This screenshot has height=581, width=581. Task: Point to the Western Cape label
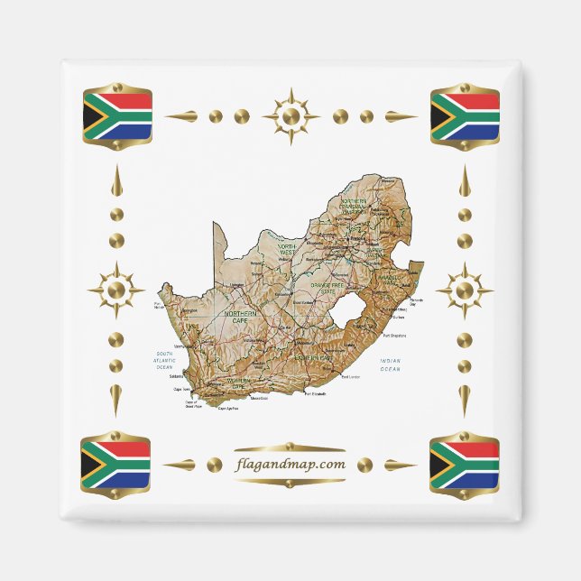[238, 383]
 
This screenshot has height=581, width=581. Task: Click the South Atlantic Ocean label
[164, 360]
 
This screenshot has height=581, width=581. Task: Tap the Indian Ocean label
[390, 365]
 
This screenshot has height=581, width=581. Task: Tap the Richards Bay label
[417, 300]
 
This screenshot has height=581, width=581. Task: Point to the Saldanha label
[177, 376]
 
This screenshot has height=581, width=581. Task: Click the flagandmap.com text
[289, 465]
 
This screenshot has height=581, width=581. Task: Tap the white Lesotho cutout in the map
[348, 317]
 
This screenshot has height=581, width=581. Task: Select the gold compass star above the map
[290, 116]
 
